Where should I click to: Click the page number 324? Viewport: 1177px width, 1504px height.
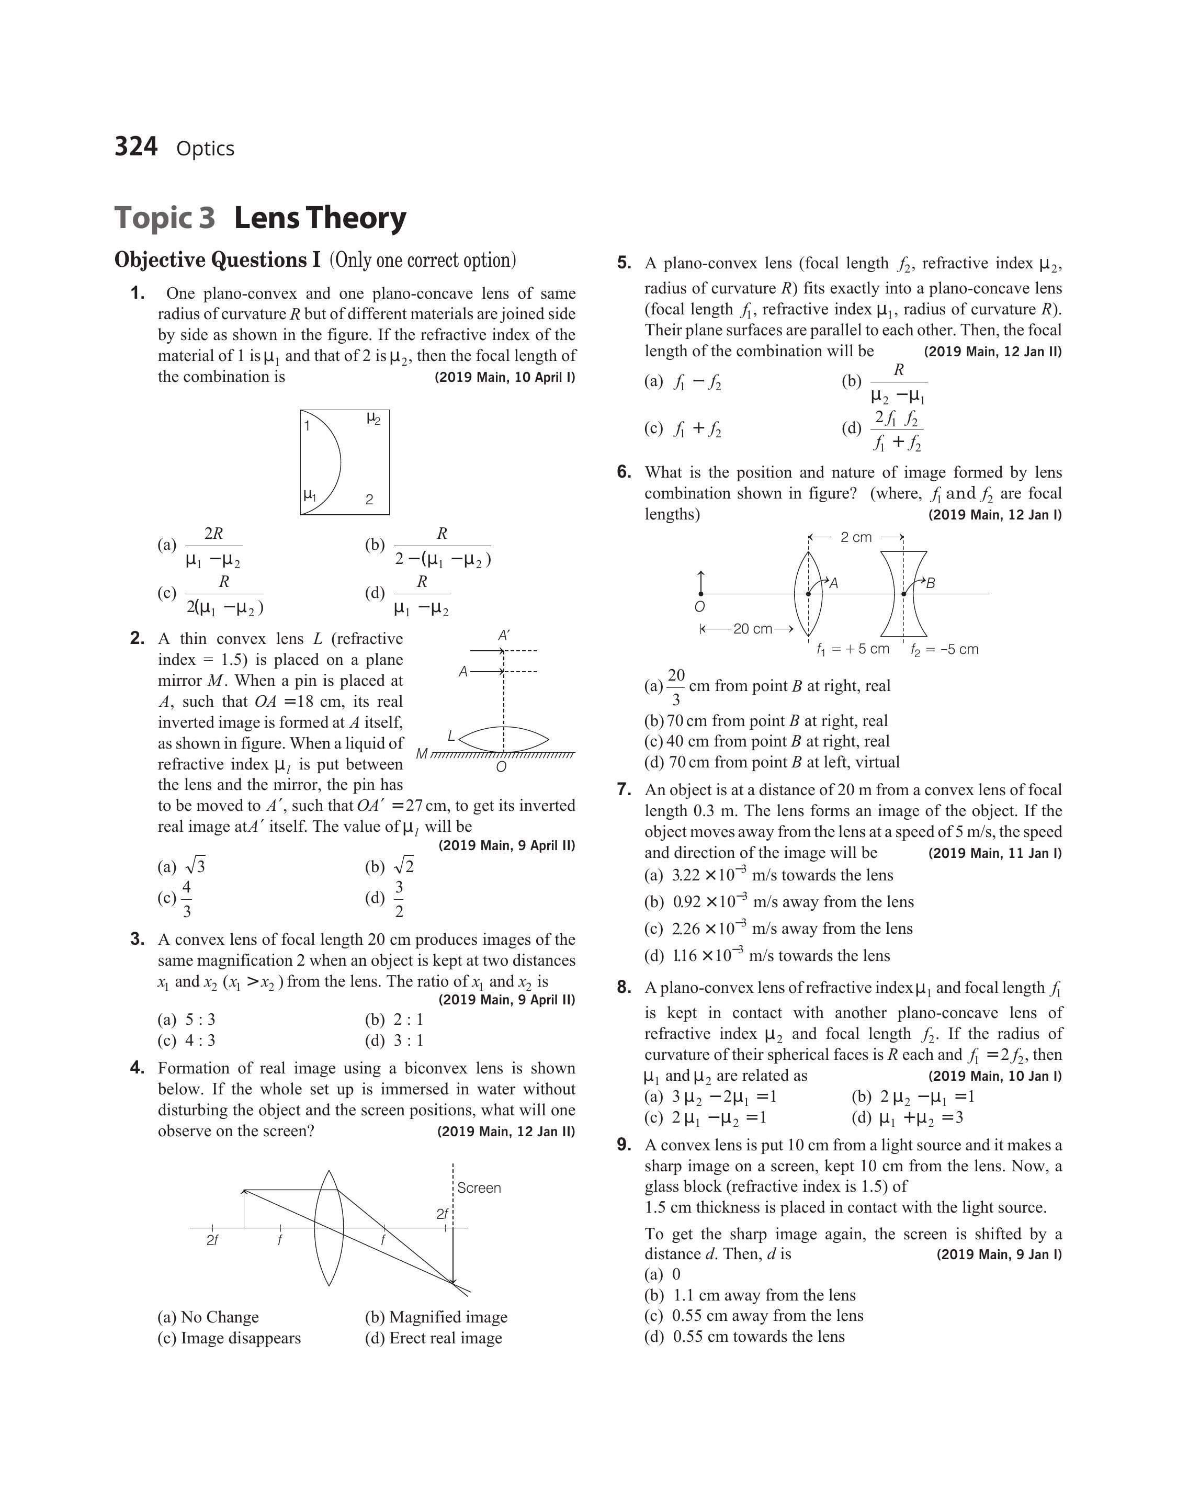click(x=136, y=147)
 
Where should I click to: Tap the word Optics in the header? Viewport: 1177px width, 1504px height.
click(x=206, y=149)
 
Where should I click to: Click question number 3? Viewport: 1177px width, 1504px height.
click(x=137, y=939)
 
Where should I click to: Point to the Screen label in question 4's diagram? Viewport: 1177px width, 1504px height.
click(x=479, y=1188)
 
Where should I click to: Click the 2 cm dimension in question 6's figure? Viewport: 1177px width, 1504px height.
click(x=856, y=537)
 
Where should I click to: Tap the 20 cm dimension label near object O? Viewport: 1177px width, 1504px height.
click(x=753, y=628)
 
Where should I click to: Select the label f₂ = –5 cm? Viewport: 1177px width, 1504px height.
click(x=944, y=649)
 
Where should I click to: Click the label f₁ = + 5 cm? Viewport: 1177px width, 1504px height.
click(x=853, y=649)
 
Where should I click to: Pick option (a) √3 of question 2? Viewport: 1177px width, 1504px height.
click(x=182, y=867)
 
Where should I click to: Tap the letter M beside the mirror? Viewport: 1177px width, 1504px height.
click(x=422, y=754)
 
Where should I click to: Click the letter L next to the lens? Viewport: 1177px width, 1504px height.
click(x=451, y=736)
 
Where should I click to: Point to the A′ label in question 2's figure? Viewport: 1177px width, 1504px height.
click(x=504, y=635)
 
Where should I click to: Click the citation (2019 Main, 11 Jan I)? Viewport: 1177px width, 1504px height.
click(x=995, y=853)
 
